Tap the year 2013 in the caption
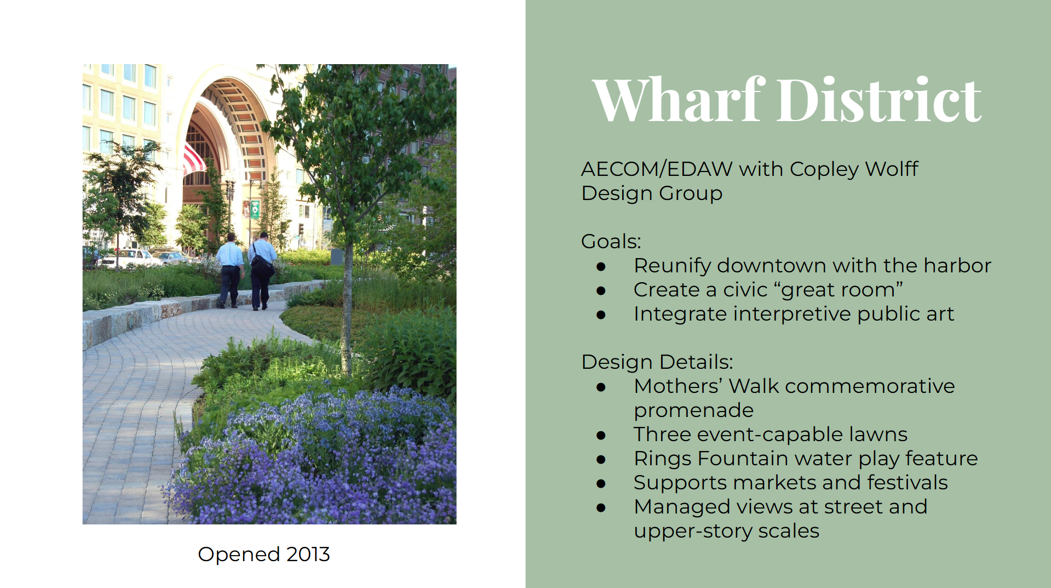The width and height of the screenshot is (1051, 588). (x=308, y=554)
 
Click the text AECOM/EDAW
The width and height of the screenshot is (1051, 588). (x=656, y=169)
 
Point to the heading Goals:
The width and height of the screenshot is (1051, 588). (x=611, y=241)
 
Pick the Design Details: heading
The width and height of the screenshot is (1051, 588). (x=657, y=362)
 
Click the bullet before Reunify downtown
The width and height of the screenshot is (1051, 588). (x=601, y=267)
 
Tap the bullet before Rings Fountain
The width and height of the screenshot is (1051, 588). (x=601, y=460)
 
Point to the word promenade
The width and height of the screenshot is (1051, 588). (x=693, y=411)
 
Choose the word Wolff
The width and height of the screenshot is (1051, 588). (x=892, y=169)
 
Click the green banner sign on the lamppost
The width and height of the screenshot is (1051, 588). (x=255, y=209)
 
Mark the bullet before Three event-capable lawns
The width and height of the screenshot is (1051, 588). (x=601, y=436)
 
